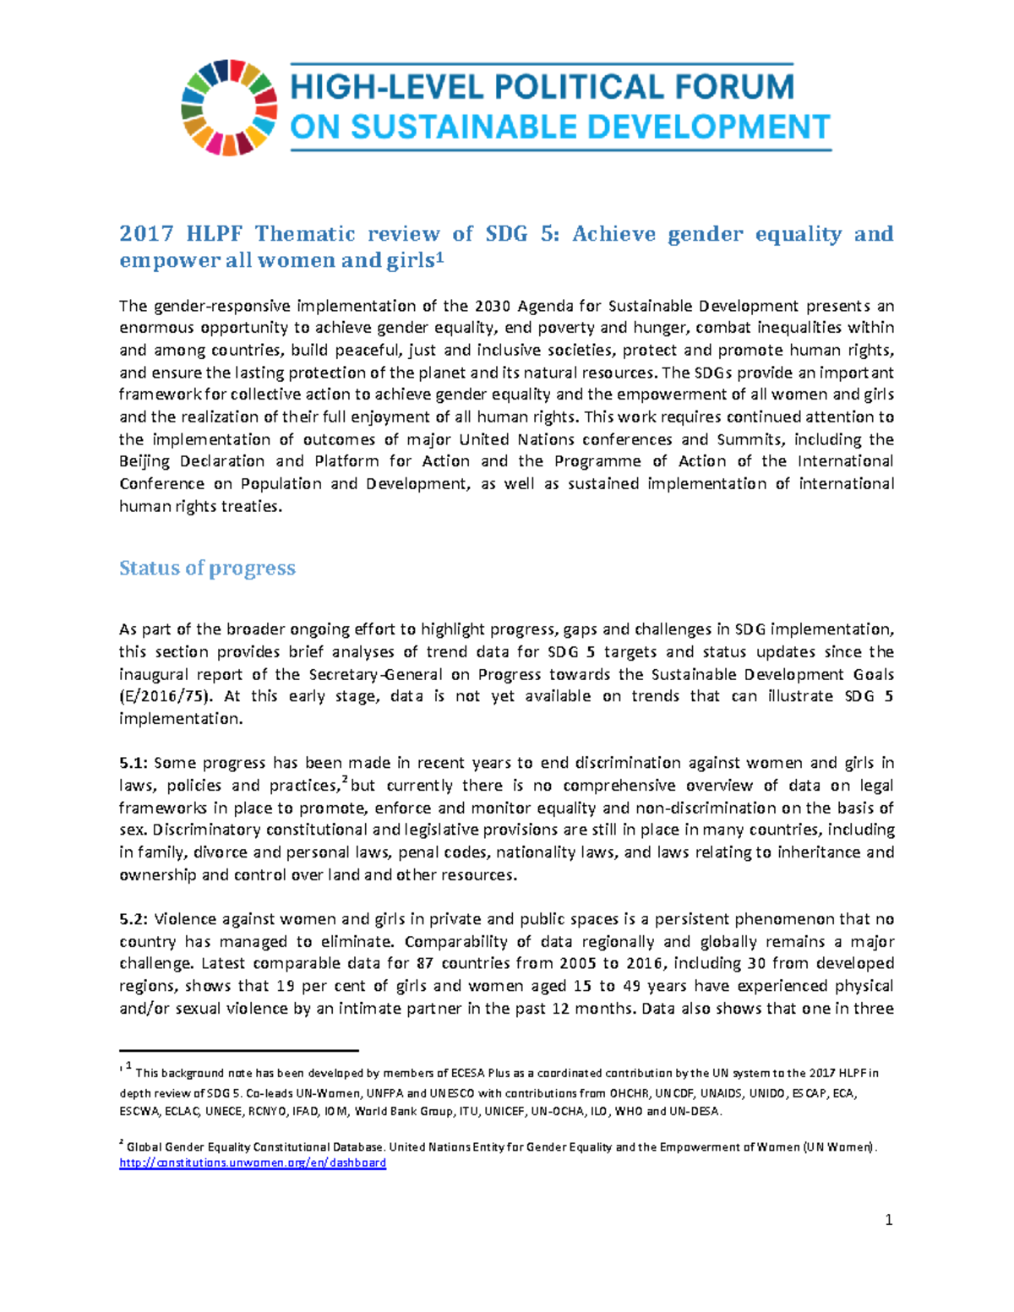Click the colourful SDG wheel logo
point(229,107)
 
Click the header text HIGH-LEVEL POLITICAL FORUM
point(542,87)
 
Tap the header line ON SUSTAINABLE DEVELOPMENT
point(560,128)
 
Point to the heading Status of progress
point(207,568)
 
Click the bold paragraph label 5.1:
point(134,763)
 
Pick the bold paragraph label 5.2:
point(134,919)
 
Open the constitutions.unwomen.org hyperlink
point(253,1162)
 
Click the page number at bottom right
point(888,1220)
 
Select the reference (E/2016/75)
point(167,696)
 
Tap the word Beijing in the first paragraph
point(144,461)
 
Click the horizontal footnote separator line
point(239,1051)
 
